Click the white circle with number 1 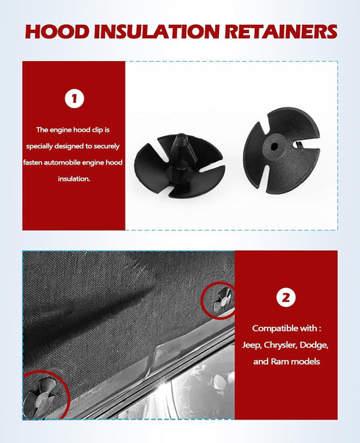[73, 98]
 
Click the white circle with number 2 [285, 298]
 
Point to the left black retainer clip [179, 165]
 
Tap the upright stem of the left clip [179, 147]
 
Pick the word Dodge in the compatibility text [322, 345]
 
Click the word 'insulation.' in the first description [73, 179]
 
